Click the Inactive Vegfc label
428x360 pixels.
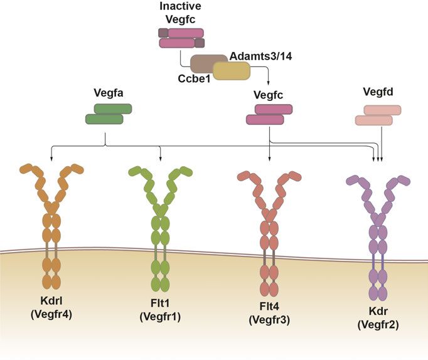(x=181, y=13)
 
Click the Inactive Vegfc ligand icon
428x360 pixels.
(x=181, y=38)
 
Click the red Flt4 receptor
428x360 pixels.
(x=269, y=232)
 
